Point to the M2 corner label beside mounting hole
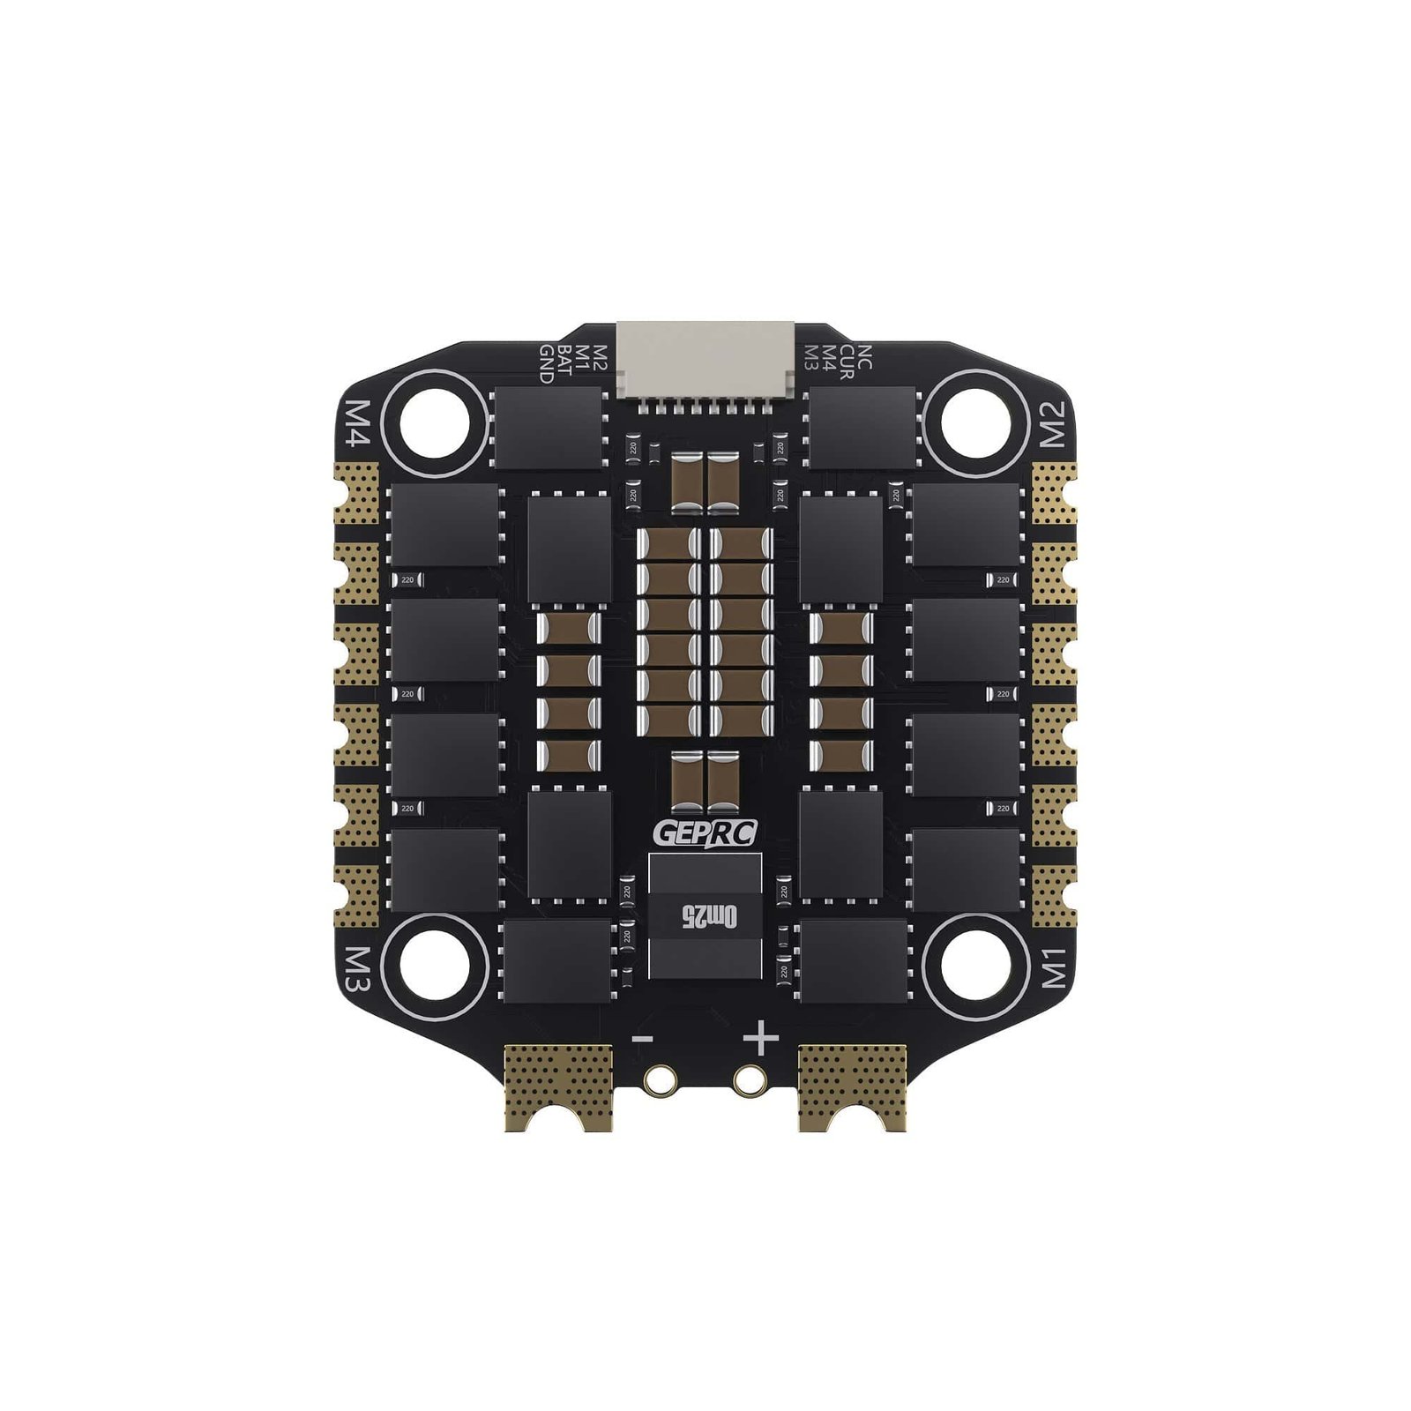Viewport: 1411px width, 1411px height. point(1055,424)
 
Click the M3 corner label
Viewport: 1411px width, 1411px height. point(356,968)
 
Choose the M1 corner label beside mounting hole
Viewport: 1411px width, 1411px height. point(1055,968)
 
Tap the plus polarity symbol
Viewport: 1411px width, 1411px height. point(761,1040)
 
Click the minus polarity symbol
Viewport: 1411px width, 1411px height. point(643,1040)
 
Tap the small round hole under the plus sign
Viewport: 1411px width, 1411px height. point(749,1078)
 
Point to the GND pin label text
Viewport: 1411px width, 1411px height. point(546,363)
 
